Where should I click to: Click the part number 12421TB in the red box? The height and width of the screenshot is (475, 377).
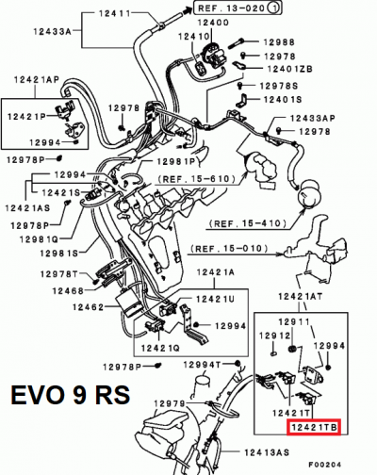point(312,426)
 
